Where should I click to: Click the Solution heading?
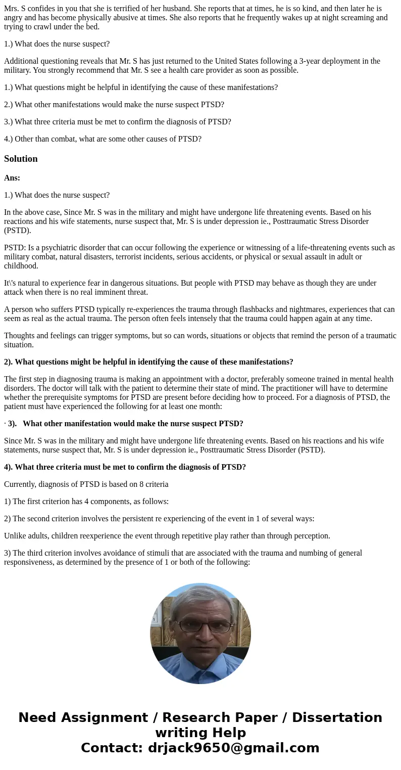21,159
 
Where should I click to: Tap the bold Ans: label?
12,178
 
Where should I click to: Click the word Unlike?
15,536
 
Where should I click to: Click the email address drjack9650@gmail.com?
233,748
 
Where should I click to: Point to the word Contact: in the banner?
112,748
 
